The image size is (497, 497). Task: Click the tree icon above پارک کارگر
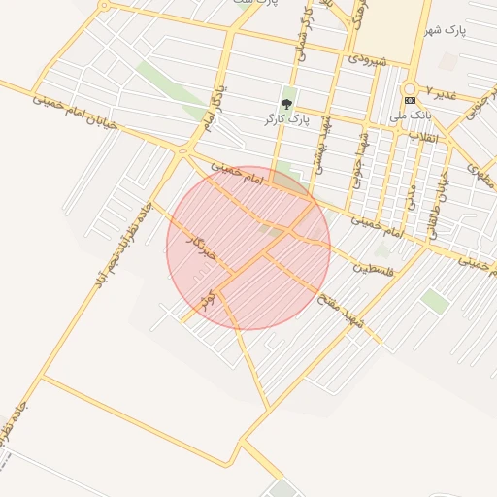click(x=286, y=102)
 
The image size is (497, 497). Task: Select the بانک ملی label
click(x=410, y=116)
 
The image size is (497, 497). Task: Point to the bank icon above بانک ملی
click(x=410, y=100)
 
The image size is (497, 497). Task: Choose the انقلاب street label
click(x=422, y=136)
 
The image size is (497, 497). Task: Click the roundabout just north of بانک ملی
click(x=410, y=87)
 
